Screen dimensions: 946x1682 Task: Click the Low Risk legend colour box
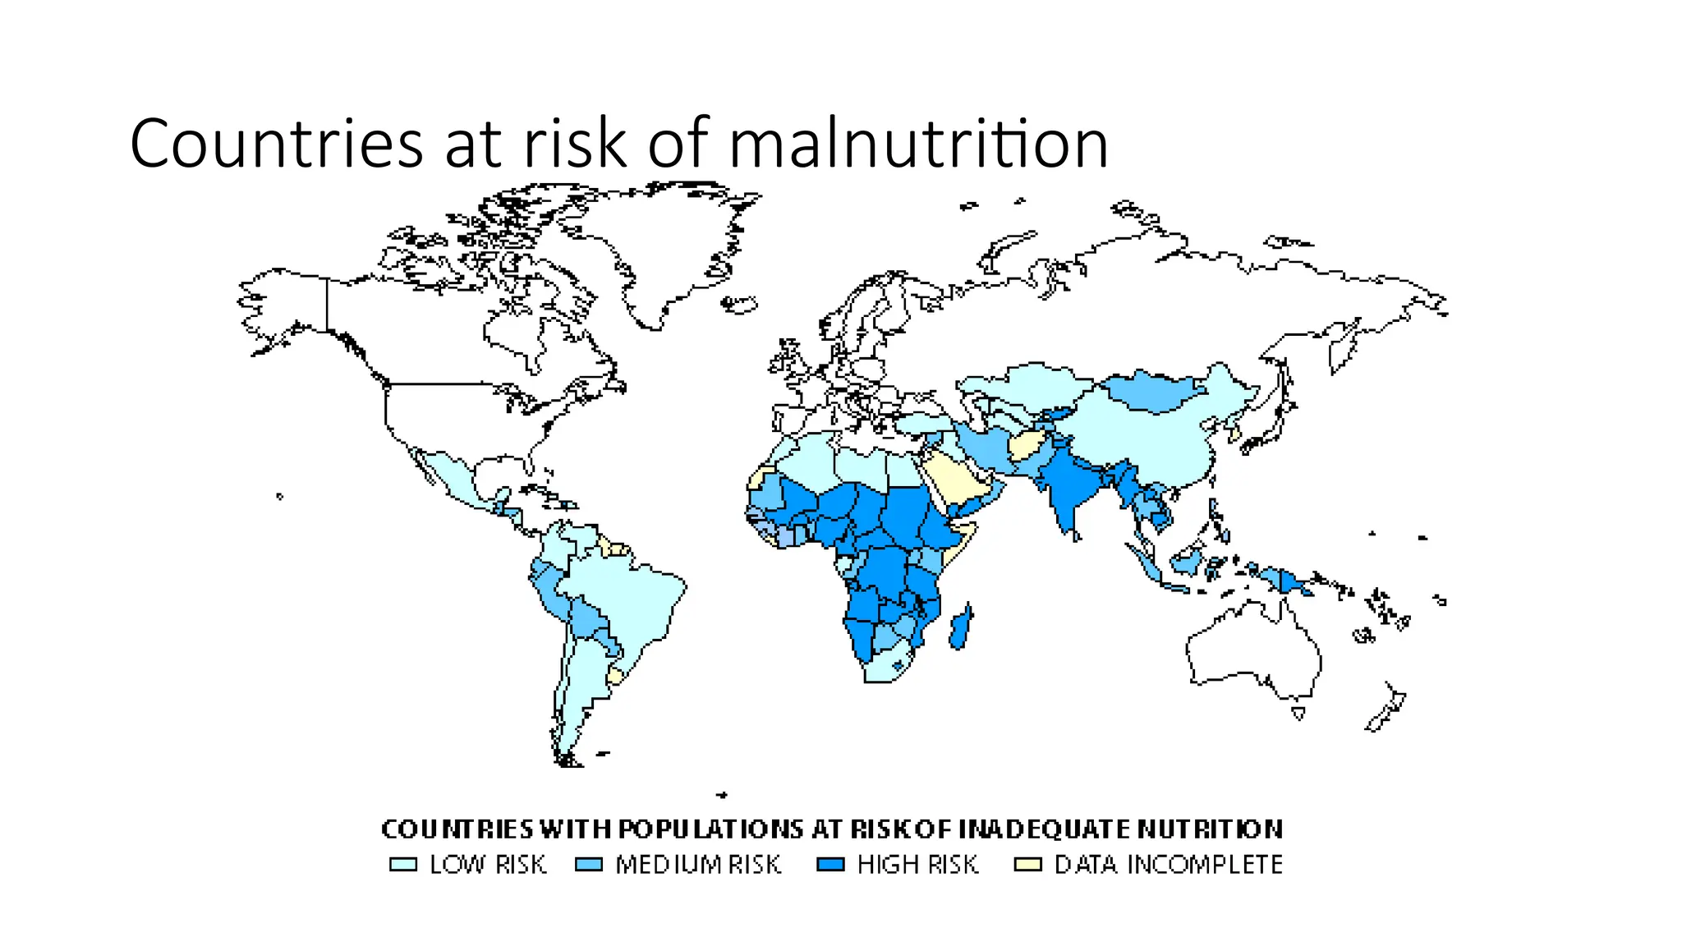click(403, 865)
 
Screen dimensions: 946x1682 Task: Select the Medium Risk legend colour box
click(589, 865)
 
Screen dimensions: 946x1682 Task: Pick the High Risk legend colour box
click(830, 865)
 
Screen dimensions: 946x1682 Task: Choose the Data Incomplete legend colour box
click(1027, 865)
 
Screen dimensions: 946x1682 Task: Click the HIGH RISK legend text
click(917, 865)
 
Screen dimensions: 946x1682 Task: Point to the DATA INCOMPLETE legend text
click(1168, 865)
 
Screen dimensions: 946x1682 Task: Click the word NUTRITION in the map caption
click(1210, 829)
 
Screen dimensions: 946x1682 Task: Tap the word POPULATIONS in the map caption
click(710, 829)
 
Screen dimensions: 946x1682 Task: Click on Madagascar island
click(961, 628)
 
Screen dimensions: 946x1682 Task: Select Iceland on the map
click(739, 305)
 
